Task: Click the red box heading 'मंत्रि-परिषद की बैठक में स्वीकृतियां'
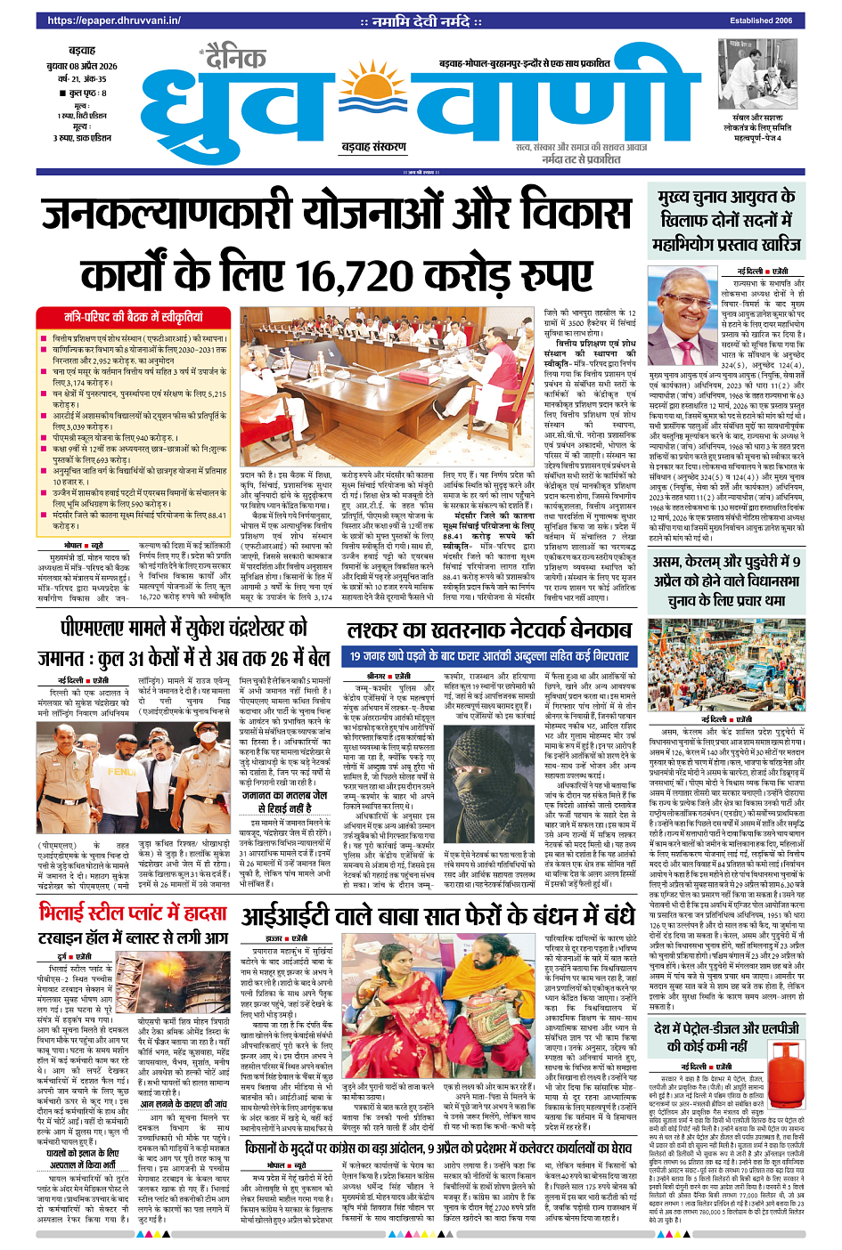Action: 133,317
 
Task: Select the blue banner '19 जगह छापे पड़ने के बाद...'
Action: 489,656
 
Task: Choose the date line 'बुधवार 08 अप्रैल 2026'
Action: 81,66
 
